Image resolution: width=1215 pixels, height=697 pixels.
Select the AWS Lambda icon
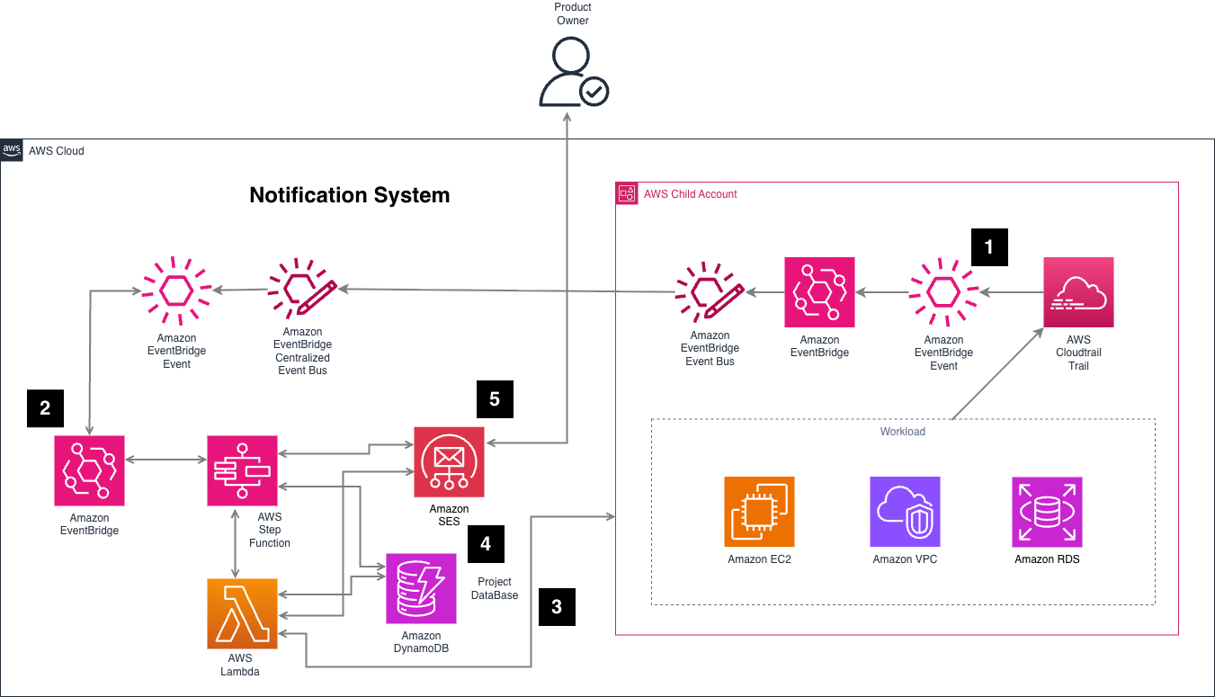click(x=243, y=613)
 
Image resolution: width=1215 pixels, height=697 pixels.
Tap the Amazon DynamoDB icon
click(x=421, y=588)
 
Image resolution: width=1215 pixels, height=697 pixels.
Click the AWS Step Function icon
click(x=243, y=470)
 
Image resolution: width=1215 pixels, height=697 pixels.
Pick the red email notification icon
click(x=449, y=461)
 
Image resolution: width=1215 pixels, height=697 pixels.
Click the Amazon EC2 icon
click(x=759, y=512)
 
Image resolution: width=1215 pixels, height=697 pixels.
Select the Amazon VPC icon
click(x=905, y=512)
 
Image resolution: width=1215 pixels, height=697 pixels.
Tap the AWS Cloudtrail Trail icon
click(x=1078, y=292)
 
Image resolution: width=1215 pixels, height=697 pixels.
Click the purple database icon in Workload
click(x=1047, y=512)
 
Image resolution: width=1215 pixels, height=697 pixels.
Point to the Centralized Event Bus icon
click(x=302, y=292)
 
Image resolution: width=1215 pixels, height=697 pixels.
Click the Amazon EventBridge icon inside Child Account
click(x=819, y=292)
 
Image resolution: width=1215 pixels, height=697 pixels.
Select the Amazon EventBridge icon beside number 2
click(x=89, y=470)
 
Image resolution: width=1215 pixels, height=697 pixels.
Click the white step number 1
click(x=989, y=247)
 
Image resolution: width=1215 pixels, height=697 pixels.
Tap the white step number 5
click(x=495, y=399)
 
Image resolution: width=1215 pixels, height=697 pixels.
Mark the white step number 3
click(x=557, y=607)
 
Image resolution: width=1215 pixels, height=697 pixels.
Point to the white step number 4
click(x=486, y=543)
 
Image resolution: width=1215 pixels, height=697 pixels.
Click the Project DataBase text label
click(x=495, y=588)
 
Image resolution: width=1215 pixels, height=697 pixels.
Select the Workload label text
click(x=902, y=432)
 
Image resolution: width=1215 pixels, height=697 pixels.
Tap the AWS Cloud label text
click(x=56, y=151)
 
